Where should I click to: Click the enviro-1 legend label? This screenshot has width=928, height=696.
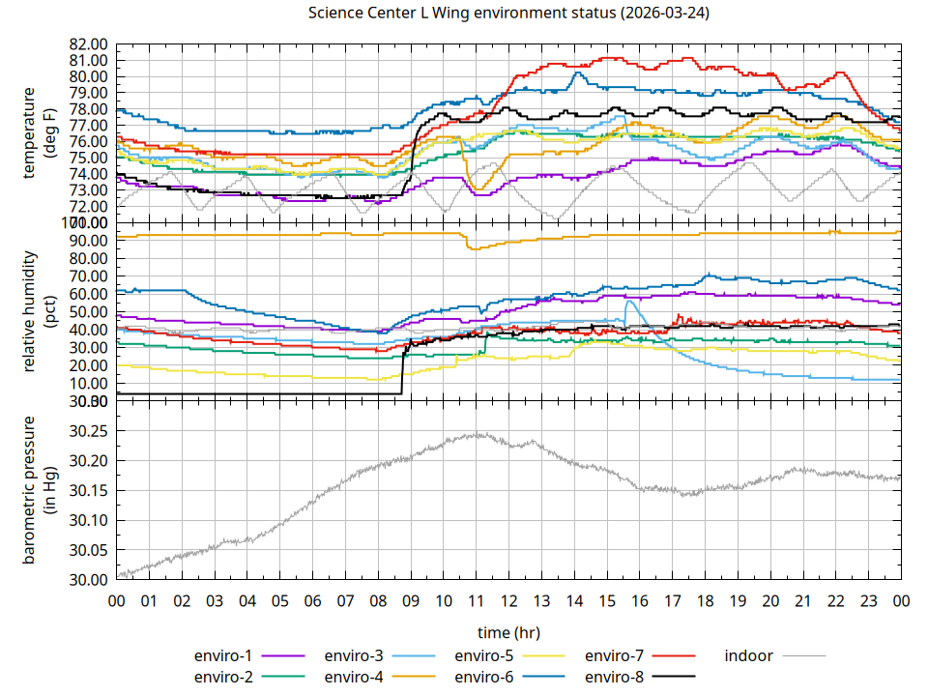(x=224, y=655)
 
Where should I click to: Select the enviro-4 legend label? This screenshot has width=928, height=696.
(x=354, y=676)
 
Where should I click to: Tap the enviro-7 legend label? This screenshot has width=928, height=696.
(x=615, y=655)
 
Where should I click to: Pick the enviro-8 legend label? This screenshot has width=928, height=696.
(x=615, y=676)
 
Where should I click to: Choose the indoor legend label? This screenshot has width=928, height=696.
(x=749, y=655)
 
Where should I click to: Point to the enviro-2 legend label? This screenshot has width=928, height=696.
(x=224, y=676)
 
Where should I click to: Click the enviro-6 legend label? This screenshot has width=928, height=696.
(x=484, y=676)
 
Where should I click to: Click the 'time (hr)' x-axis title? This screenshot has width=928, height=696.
(x=508, y=632)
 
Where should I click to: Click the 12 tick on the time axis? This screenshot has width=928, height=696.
(x=508, y=600)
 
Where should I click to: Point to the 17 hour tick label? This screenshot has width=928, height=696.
(x=672, y=600)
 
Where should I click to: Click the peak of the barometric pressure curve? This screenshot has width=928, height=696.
(x=478, y=434)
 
